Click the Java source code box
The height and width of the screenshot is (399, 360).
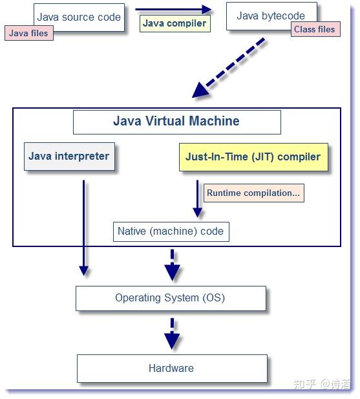click(x=79, y=16)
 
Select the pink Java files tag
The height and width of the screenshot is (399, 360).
click(x=28, y=33)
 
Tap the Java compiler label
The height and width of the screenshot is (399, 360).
click(x=175, y=24)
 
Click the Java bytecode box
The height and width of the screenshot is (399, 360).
click(x=271, y=16)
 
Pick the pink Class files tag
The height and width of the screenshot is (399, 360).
click(x=315, y=29)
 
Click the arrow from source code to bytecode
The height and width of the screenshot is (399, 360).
click(x=173, y=9)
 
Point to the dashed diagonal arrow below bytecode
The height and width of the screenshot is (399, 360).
click(x=229, y=67)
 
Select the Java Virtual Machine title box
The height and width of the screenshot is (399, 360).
click(x=176, y=122)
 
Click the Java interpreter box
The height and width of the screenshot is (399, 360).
click(x=69, y=156)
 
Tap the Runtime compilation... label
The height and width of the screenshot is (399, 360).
click(x=254, y=193)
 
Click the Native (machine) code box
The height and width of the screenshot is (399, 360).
click(x=171, y=231)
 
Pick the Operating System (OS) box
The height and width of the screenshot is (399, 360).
click(x=171, y=298)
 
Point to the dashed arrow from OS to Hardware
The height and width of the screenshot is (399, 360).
click(x=172, y=333)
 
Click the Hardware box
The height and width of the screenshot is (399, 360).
click(x=171, y=368)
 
